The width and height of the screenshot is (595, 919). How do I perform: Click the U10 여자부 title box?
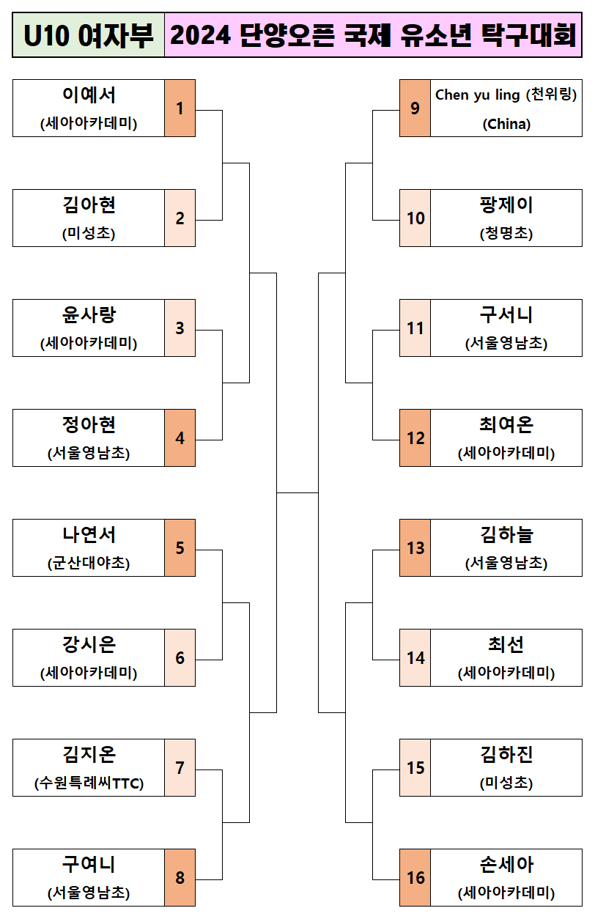pyautogui.click(x=89, y=35)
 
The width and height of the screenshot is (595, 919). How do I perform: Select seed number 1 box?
pyautogui.click(x=180, y=108)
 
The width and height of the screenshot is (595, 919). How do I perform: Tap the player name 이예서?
pyautogui.click(x=89, y=95)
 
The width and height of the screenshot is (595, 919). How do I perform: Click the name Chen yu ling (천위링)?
pyautogui.click(x=506, y=95)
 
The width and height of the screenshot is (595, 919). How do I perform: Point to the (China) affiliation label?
pyautogui.click(x=506, y=124)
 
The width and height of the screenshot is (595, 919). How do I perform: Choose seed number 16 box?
pyautogui.click(x=415, y=877)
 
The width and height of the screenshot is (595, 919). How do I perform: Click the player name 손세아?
pyautogui.click(x=506, y=865)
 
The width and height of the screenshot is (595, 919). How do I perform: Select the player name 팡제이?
pyautogui.click(x=506, y=205)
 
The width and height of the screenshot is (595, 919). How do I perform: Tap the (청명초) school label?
pyautogui.click(x=506, y=234)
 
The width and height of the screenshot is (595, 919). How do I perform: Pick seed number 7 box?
pyautogui.click(x=180, y=767)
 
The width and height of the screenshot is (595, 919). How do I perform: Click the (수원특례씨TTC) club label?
pyautogui.click(x=89, y=783)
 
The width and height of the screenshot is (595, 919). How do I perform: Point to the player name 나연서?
pyautogui.click(x=89, y=535)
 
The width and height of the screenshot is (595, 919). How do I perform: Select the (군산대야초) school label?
pyautogui.click(x=89, y=564)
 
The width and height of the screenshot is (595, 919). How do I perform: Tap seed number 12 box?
pyautogui.click(x=415, y=438)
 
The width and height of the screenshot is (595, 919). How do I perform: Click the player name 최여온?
pyautogui.click(x=506, y=425)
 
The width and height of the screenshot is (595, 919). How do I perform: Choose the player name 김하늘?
pyautogui.click(x=506, y=535)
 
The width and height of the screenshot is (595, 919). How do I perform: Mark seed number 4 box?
pyautogui.click(x=180, y=438)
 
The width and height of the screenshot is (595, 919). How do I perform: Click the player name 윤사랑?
pyautogui.click(x=89, y=315)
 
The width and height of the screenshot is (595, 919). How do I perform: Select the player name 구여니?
pyautogui.click(x=89, y=865)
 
